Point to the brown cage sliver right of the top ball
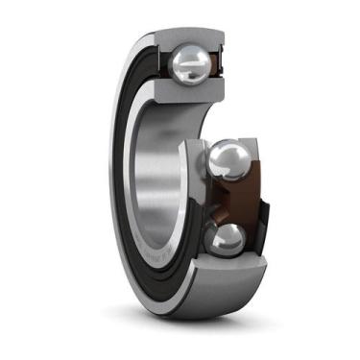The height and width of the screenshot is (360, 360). coord(219,65)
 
